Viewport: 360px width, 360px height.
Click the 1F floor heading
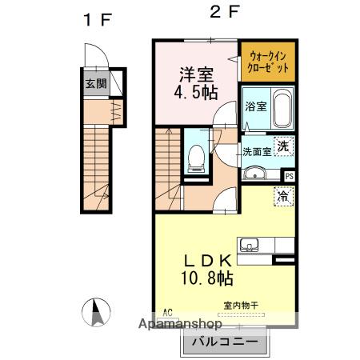tap(98, 20)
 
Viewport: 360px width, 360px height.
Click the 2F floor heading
tap(225, 12)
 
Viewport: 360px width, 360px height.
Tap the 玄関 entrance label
tap(96, 84)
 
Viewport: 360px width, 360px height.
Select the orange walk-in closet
tap(268, 62)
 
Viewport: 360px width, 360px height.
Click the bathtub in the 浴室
tap(282, 108)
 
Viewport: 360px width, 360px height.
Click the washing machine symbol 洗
tap(283, 146)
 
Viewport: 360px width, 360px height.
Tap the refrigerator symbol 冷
tap(283, 197)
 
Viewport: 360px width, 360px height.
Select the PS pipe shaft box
tap(290, 176)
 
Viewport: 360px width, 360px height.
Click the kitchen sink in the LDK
tap(249, 245)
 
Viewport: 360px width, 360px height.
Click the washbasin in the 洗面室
tap(255, 173)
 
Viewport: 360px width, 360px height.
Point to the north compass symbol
tap(96, 312)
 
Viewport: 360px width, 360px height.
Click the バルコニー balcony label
tap(225, 342)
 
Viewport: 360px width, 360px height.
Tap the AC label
tap(167, 312)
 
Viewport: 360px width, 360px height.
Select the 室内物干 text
tap(241, 306)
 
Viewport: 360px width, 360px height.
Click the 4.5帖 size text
tap(196, 92)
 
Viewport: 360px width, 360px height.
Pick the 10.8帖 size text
tap(207, 278)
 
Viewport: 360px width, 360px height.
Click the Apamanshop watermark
tap(180, 324)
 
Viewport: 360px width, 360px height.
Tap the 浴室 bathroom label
tap(256, 106)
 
